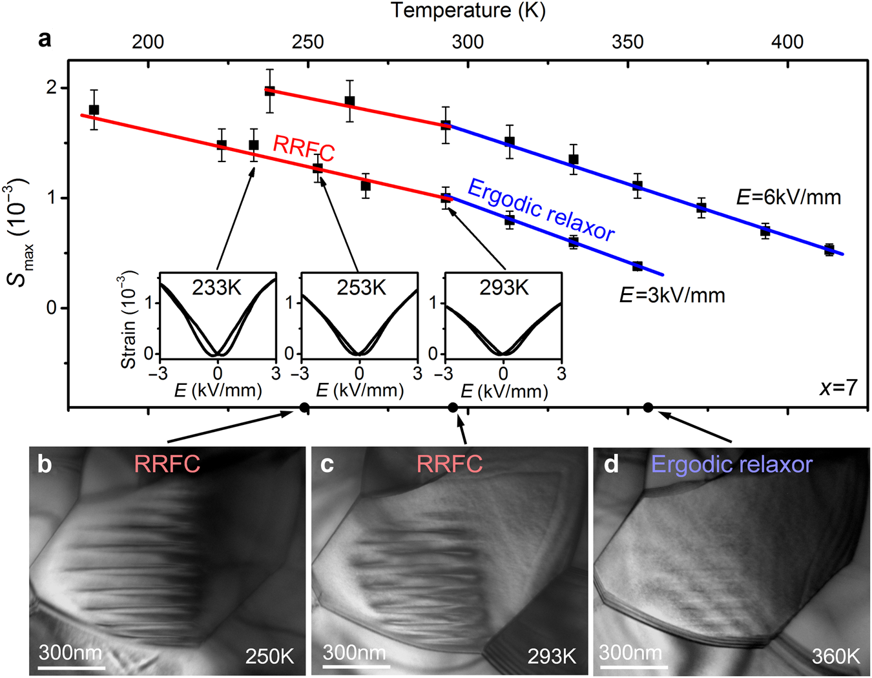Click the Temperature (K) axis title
[468, 11]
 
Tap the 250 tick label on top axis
[307, 42]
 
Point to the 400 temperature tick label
[787, 42]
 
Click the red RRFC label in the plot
[304, 149]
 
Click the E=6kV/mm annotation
[789, 197]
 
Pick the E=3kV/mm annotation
[672, 295]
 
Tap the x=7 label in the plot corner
[838, 387]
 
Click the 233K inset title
[216, 287]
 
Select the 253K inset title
[361, 287]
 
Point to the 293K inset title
[504, 287]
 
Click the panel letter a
[45, 39]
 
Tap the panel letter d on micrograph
[610, 464]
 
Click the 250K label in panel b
[269, 657]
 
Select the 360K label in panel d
[835, 657]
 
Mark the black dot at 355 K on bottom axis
[648, 407]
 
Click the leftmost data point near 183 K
[94, 110]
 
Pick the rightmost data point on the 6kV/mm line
[829, 250]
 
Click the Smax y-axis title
[18, 232]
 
